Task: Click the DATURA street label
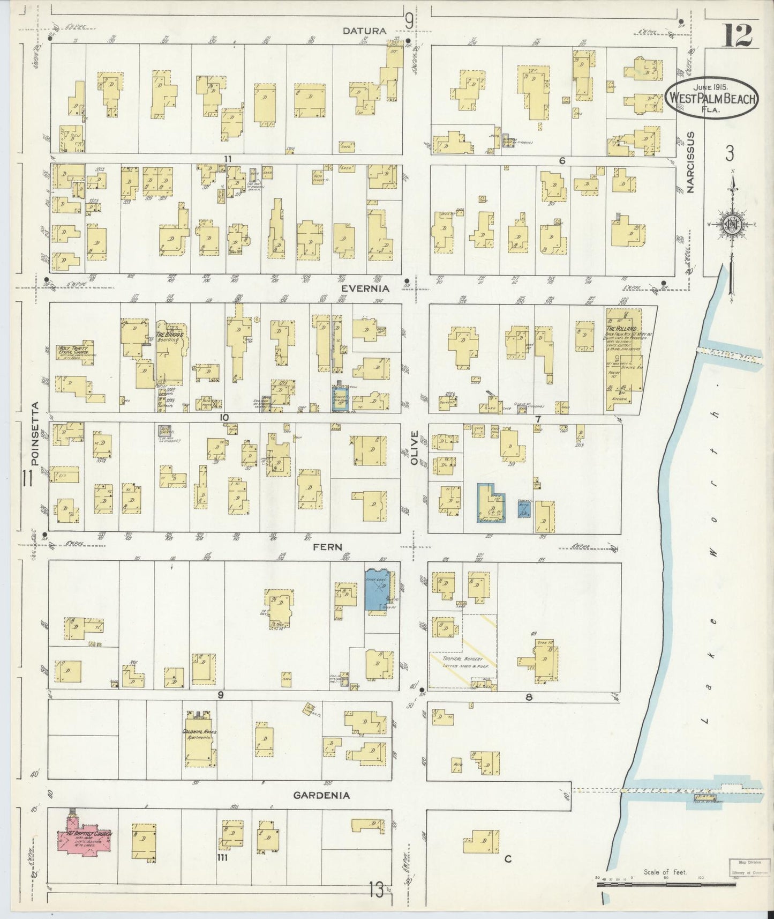(365, 31)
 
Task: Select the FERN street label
(328, 546)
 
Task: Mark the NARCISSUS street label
(691, 162)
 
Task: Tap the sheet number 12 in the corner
(739, 35)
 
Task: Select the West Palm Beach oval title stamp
(711, 98)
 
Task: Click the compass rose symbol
(731, 224)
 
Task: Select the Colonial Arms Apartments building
(199, 742)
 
